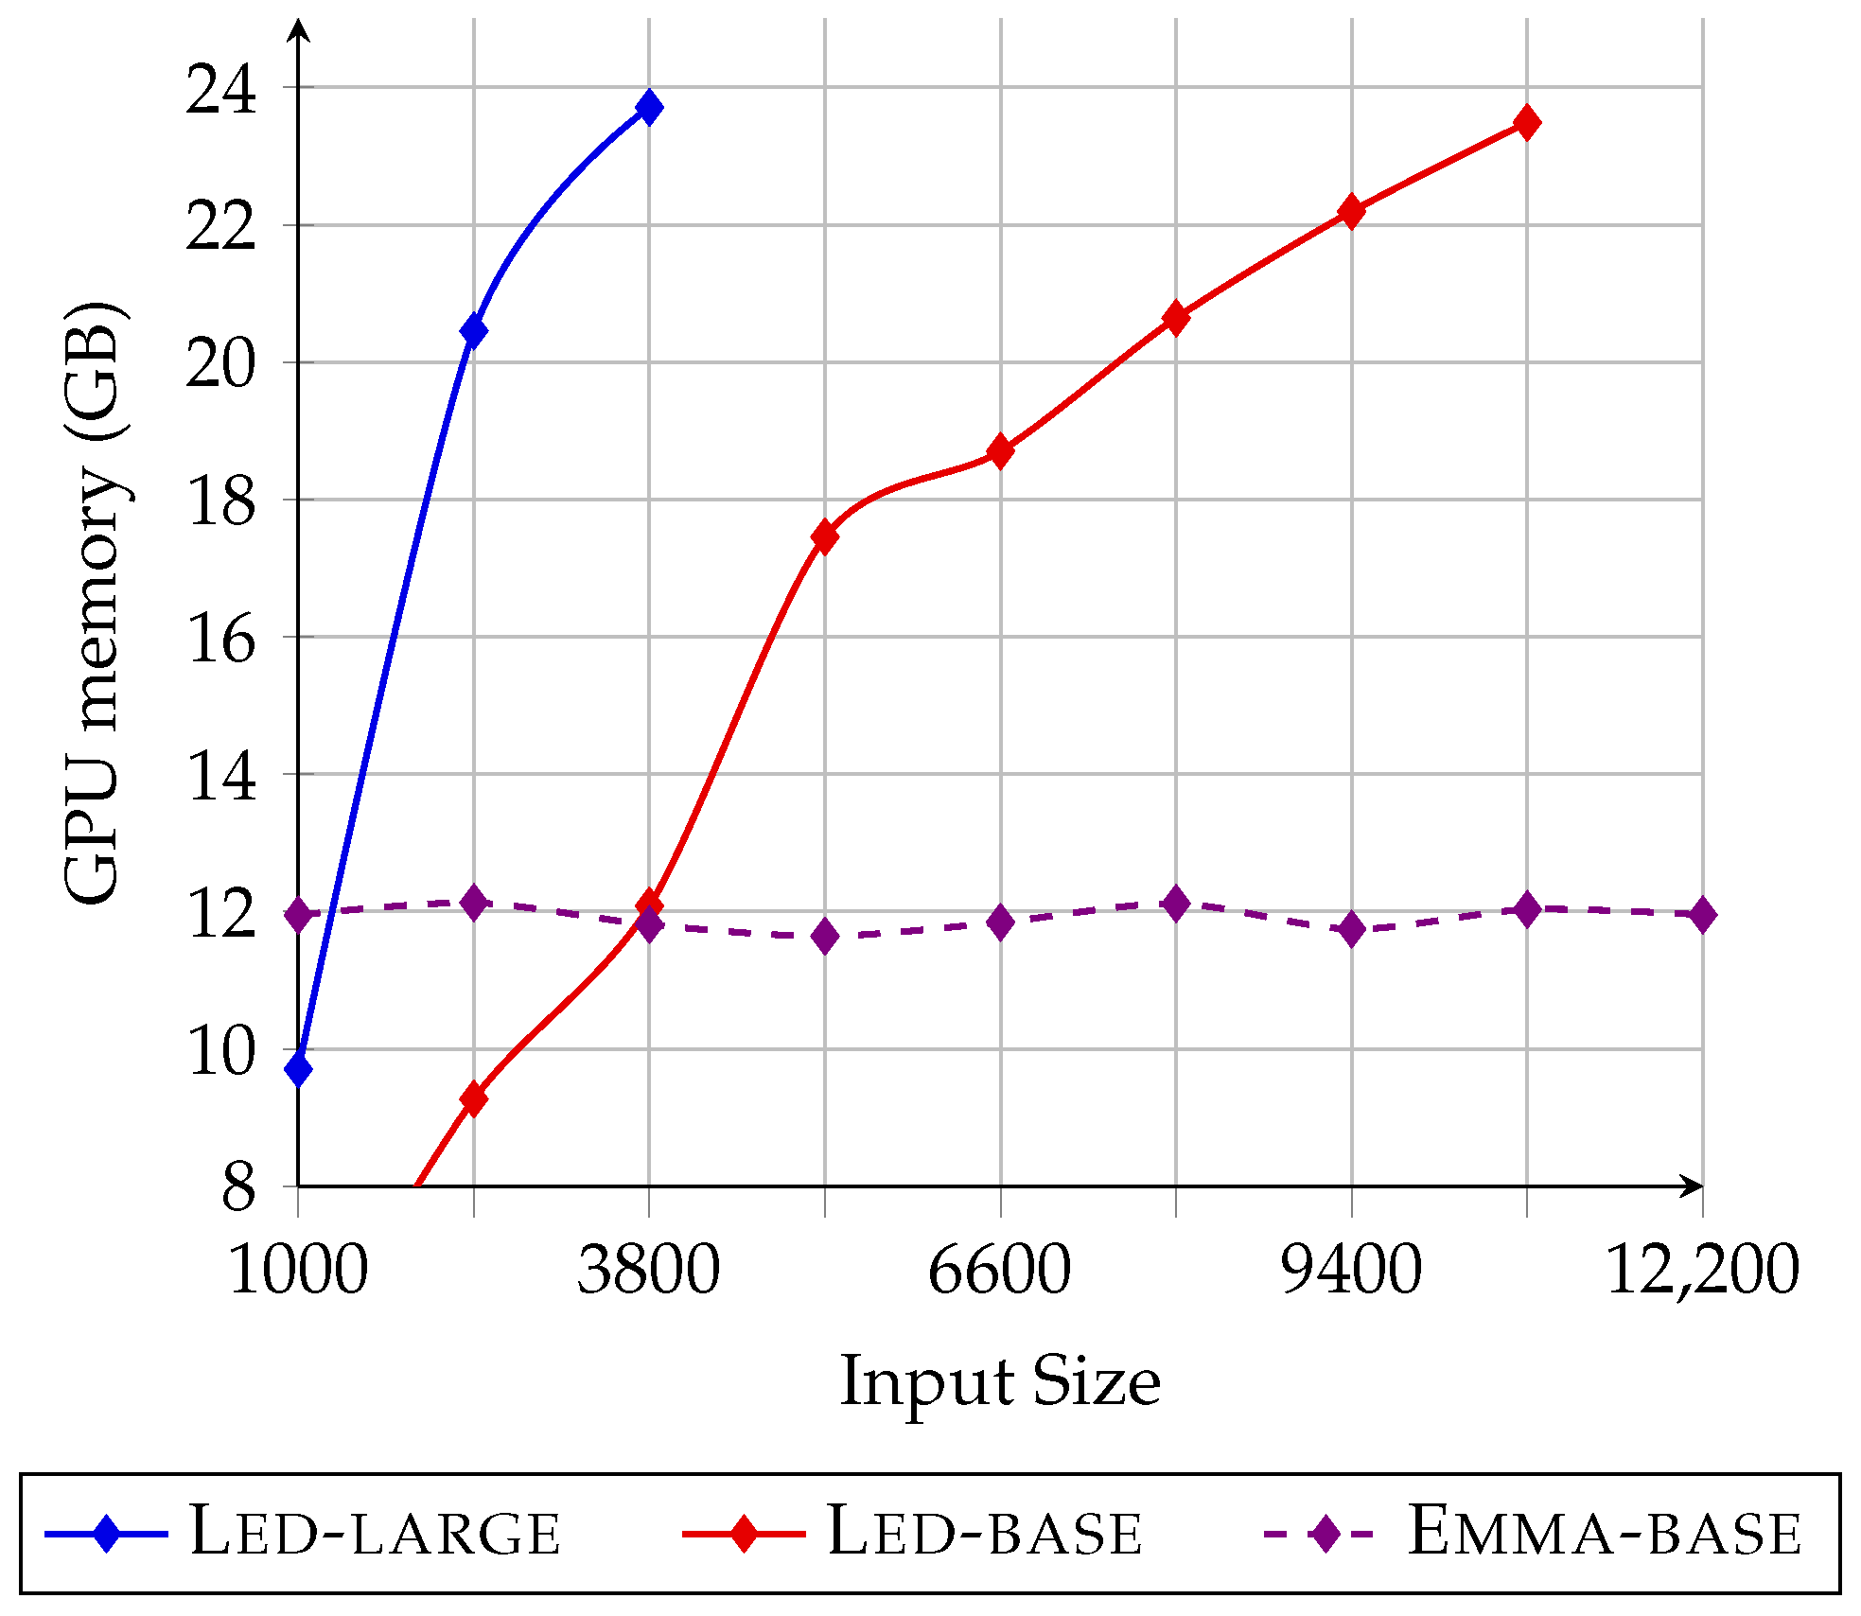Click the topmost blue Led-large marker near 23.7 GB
coord(649,107)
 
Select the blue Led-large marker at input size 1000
coord(298,1069)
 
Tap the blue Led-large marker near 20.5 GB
coord(473,330)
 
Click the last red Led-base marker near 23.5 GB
coord(1526,122)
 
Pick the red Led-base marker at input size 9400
coord(1351,211)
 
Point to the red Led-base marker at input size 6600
coord(1000,451)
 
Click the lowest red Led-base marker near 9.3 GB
coord(473,1098)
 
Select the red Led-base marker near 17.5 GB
coord(825,536)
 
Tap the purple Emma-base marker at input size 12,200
coord(1702,914)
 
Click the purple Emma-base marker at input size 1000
coord(298,914)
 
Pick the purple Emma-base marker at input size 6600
coord(1000,922)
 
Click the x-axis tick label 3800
coord(649,1270)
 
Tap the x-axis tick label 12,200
coord(1702,1270)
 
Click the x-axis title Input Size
coord(1000,1382)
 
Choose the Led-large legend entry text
coord(375,1532)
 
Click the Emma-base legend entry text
coord(1605,1532)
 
